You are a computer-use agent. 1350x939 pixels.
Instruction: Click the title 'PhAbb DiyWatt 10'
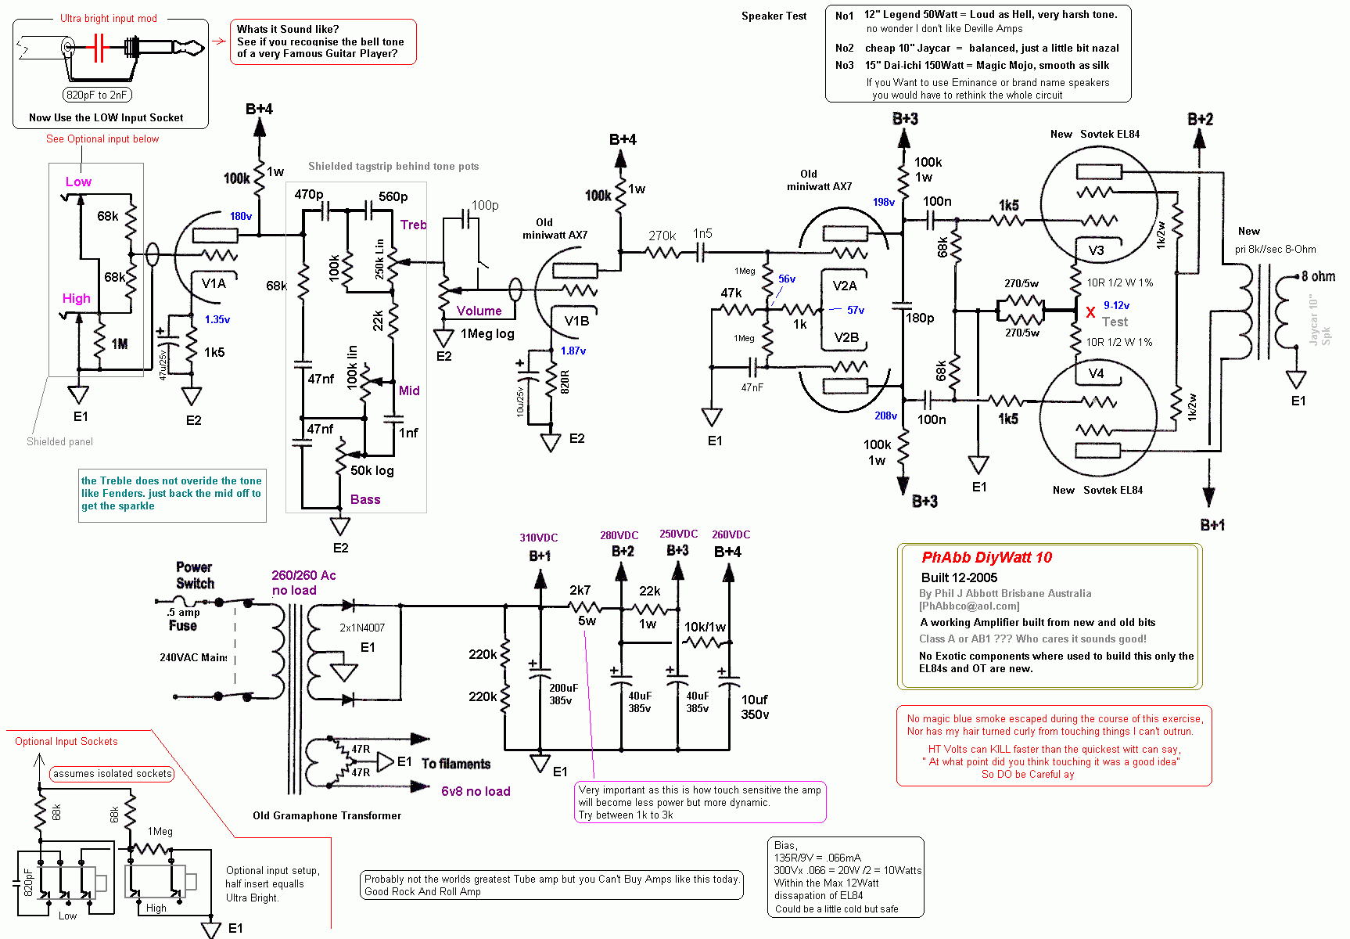(x=986, y=557)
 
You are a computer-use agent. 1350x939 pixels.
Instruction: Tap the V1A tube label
(x=214, y=283)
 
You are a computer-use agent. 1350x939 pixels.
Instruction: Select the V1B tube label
(x=576, y=321)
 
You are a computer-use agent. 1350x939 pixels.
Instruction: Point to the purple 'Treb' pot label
(x=413, y=225)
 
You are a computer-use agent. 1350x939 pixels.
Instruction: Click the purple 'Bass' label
(x=365, y=499)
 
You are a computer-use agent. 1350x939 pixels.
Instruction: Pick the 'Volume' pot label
(x=479, y=311)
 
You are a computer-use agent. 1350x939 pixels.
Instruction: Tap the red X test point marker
(x=1090, y=313)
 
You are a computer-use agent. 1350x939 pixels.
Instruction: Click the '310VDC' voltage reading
(x=539, y=538)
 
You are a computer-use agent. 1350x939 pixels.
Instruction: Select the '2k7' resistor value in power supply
(x=580, y=590)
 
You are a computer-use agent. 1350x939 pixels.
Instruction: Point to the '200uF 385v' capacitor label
(x=562, y=694)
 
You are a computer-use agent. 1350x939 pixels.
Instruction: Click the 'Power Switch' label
(x=195, y=575)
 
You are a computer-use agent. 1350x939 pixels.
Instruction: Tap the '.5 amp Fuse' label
(x=183, y=618)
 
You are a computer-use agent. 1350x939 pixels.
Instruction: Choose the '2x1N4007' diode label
(x=362, y=628)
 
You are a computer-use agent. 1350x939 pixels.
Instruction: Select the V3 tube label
(x=1096, y=250)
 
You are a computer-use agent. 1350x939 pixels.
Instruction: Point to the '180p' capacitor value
(x=920, y=318)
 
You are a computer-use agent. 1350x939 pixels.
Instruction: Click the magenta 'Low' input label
(x=78, y=182)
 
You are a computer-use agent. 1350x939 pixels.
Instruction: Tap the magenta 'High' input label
(x=77, y=298)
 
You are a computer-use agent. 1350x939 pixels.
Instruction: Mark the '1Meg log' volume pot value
(x=487, y=333)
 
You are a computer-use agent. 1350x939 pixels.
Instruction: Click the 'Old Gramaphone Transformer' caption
(x=327, y=815)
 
